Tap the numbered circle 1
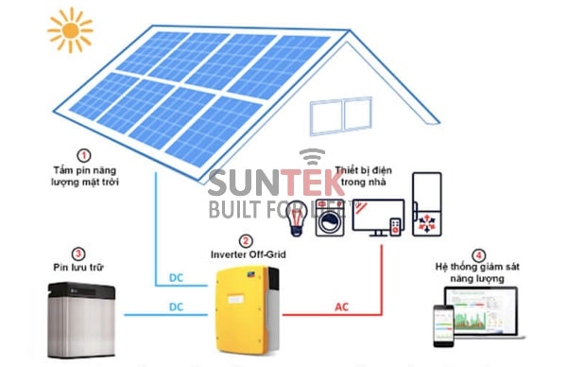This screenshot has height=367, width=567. pyautogui.click(x=84, y=154)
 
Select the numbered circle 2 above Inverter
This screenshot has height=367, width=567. pyautogui.click(x=246, y=241)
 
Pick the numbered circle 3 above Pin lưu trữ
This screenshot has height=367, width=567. pyautogui.click(x=78, y=254)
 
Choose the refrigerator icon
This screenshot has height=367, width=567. pyautogui.click(x=428, y=204)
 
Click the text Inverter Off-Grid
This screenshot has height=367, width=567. pyautogui.click(x=247, y=256)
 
